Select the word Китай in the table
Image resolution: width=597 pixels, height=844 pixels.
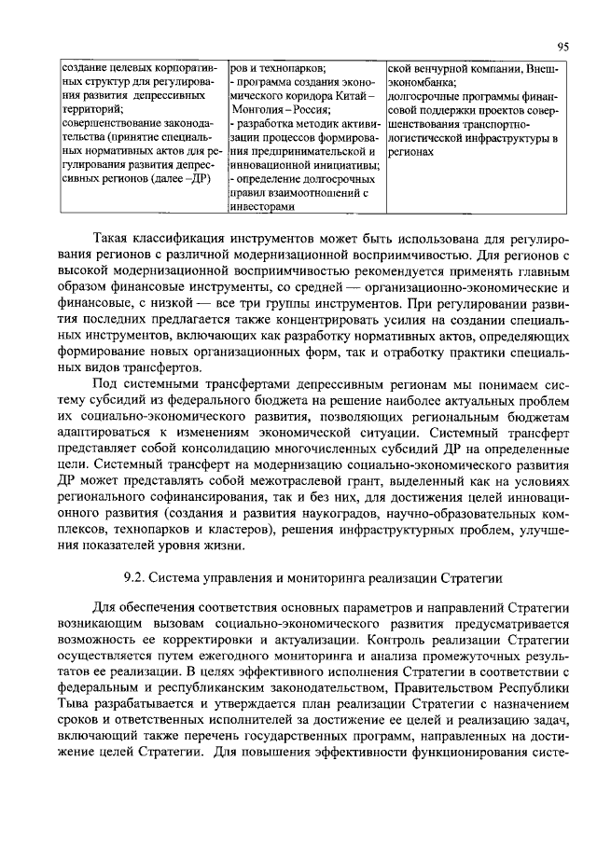[354, 95]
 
